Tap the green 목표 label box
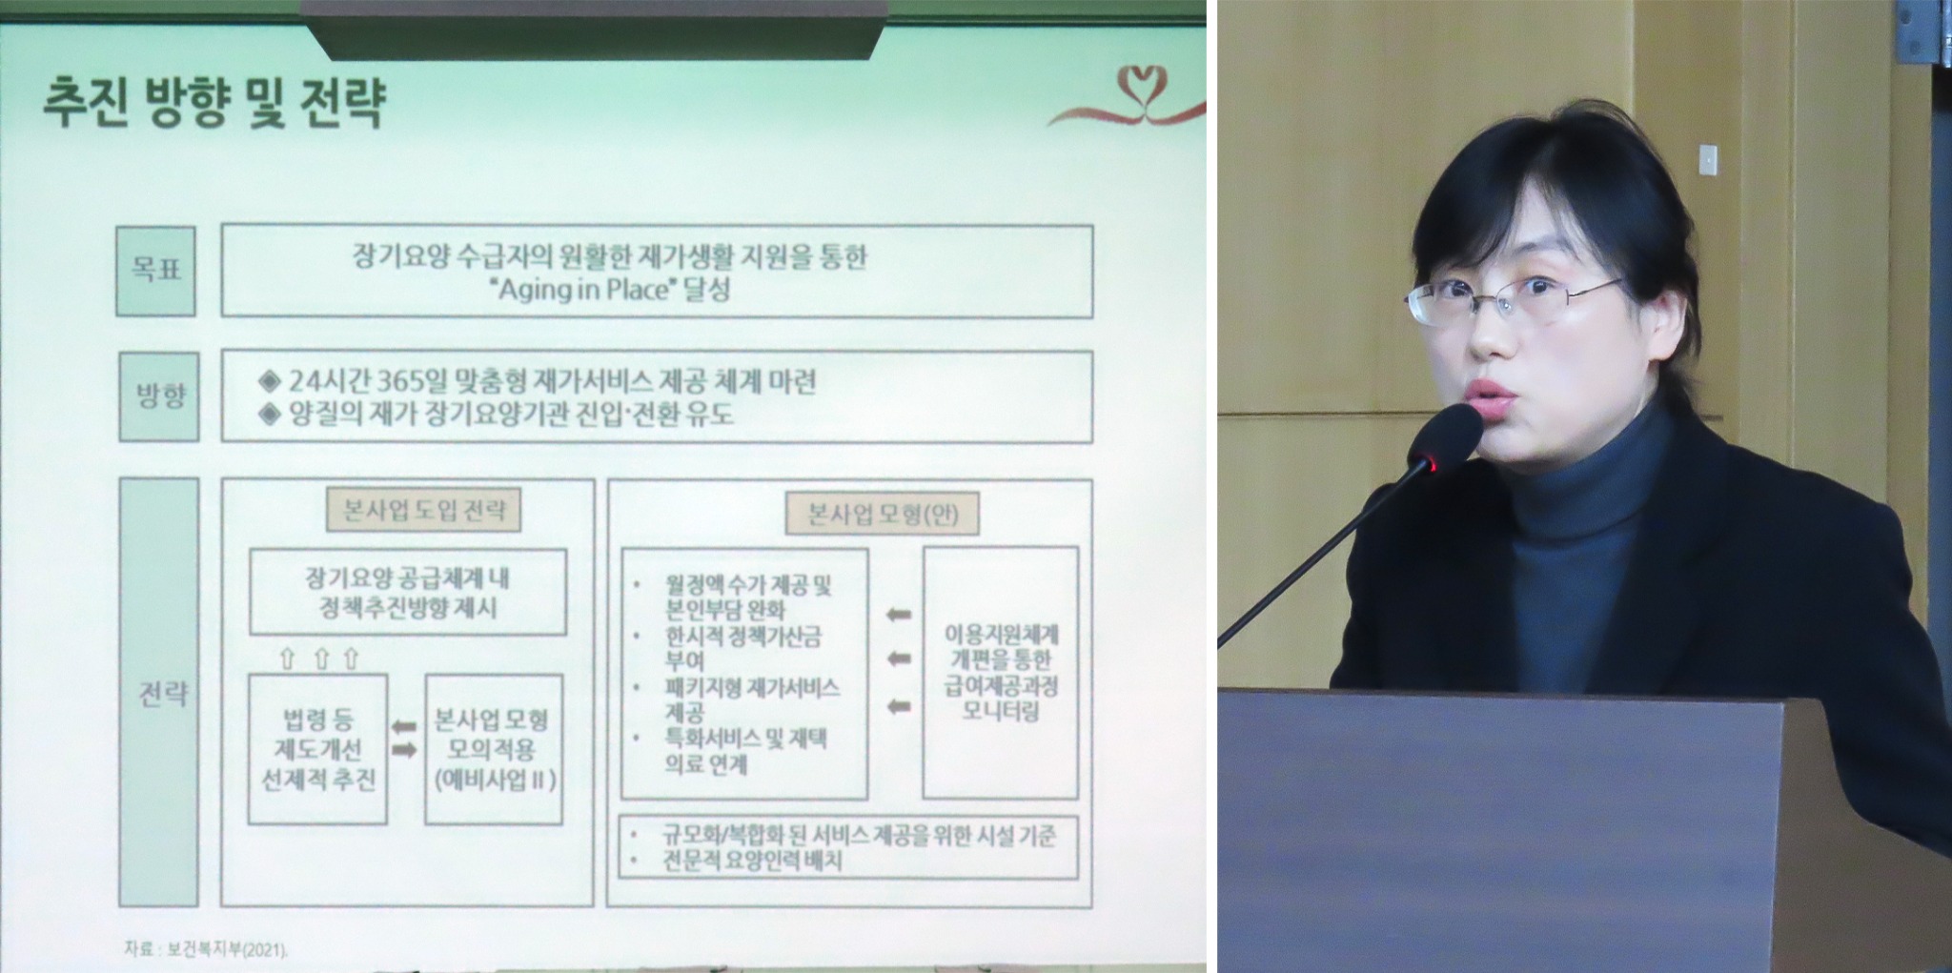(155, 271)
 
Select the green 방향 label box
(158, 395)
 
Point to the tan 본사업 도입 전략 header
(424, 511)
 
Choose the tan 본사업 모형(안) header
(882, 515)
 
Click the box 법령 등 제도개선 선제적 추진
(317, 749)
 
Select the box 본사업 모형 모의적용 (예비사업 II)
(494, 749)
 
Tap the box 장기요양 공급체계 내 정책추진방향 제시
(408, 592)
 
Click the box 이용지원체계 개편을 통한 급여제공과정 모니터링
(1001, 672)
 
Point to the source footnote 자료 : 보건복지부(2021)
(206, 949)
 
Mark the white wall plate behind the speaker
(1711, 158)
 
